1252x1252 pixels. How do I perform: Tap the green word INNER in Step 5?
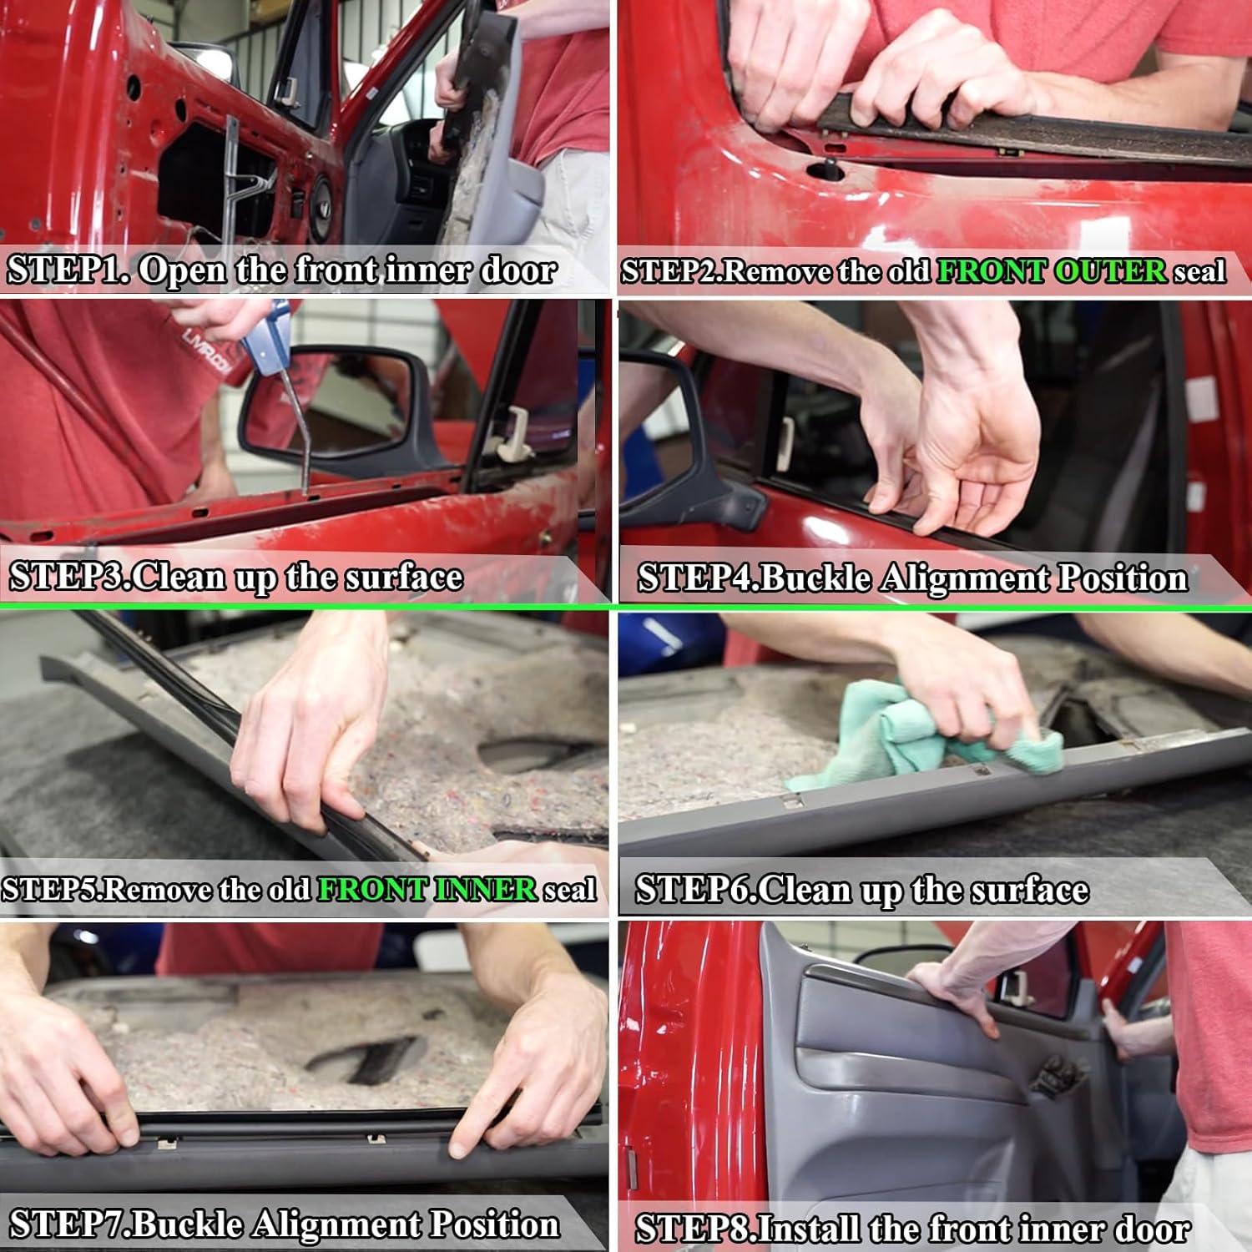click(486, 890)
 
